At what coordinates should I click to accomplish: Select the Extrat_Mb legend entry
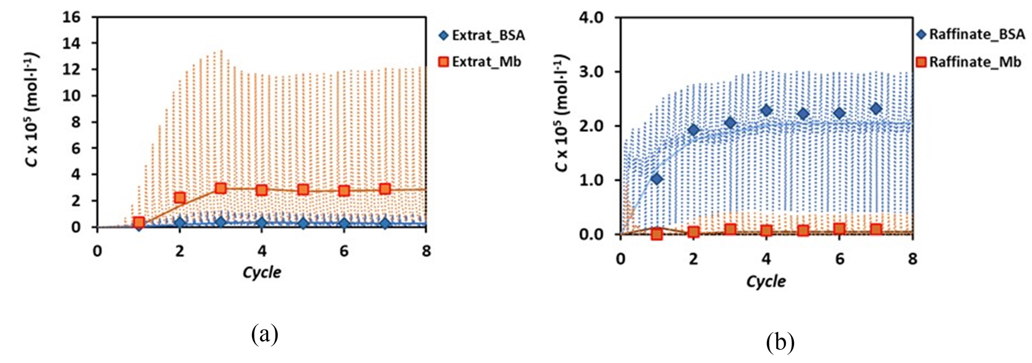(x=481, y=62)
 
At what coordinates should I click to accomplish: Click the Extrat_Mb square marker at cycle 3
(x=220, y=188)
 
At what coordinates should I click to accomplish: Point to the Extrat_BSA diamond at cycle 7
(x=385, y=223)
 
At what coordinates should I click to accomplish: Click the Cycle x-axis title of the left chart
(x=262, y=272)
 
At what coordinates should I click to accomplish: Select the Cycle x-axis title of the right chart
(x=766, y=281)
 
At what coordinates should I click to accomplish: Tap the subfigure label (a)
(x=264, y=335)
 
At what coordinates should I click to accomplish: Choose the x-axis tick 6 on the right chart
(x=839, y=259)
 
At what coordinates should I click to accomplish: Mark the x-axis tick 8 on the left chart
(x=426, y=251)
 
